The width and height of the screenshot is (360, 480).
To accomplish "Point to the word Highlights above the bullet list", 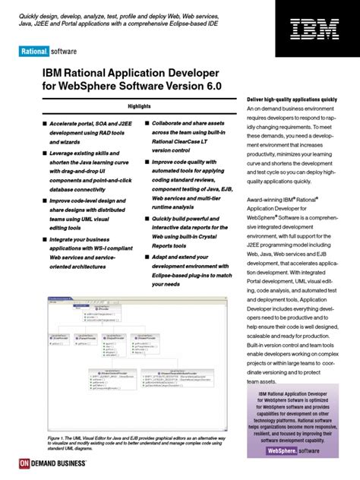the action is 138,106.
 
